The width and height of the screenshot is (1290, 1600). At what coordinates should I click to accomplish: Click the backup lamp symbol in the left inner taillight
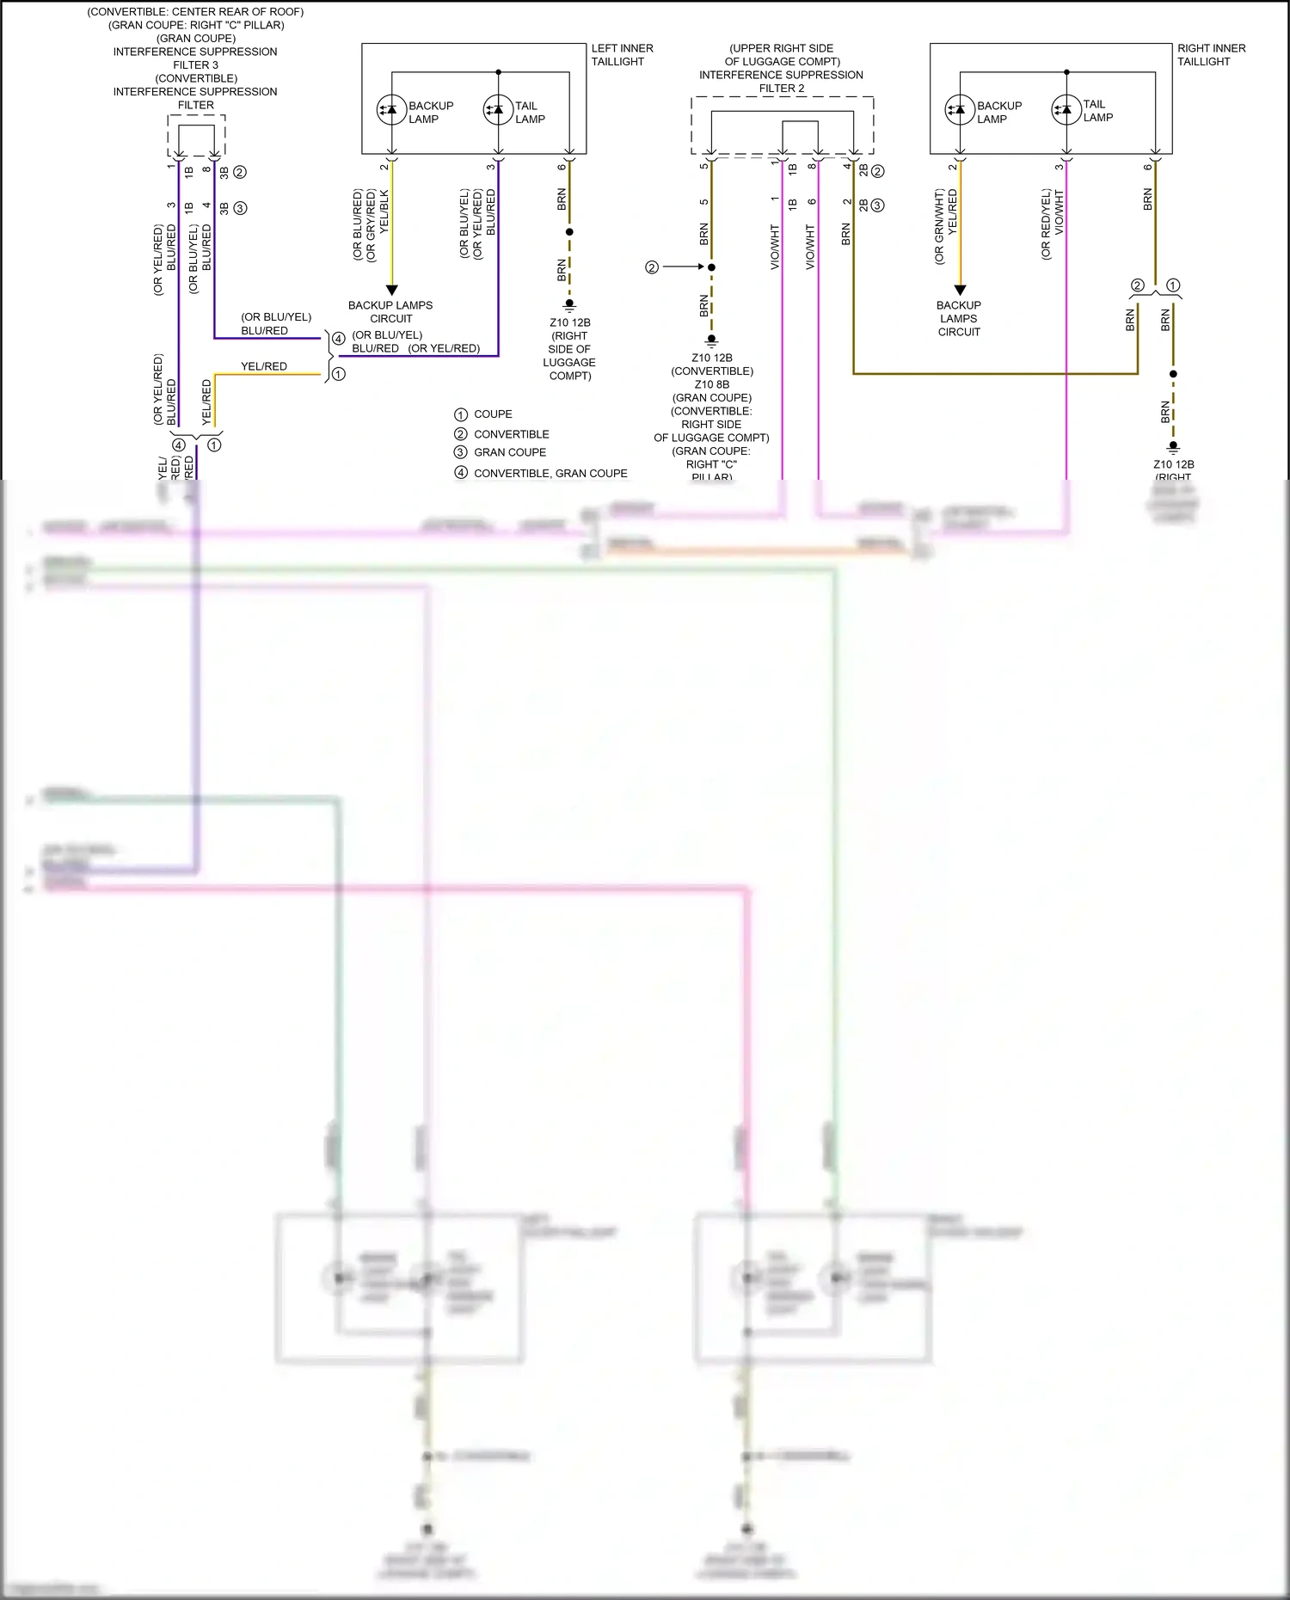(391, 109)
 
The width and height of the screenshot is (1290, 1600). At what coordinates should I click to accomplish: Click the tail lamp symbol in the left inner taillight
(498, 109)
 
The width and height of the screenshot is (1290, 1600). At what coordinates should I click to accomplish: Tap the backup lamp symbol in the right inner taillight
(960, 109)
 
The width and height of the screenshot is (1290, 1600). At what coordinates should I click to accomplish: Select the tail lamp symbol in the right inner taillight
(1066, 109)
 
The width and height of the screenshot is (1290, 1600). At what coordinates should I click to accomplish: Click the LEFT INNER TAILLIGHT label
(622, 55)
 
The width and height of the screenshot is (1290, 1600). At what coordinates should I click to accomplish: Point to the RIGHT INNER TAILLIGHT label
(1211, 55)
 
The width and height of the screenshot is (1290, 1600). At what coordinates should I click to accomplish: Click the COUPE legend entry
(493, 414)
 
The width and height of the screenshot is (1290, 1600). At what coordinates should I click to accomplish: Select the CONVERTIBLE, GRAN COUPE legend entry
(550, 474)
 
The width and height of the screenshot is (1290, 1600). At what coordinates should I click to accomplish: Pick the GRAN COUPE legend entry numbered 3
(510, 452)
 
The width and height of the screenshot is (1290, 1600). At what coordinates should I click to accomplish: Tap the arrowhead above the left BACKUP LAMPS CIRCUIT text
(391, 291)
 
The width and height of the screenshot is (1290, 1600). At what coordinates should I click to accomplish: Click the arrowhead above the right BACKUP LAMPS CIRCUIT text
(960, 291)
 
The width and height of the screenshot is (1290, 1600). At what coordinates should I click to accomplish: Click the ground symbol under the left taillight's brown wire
(569, 305)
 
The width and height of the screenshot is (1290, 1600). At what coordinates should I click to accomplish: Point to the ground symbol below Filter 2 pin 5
(711, 340)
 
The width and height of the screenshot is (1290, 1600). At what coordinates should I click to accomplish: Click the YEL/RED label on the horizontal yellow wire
(264, 366)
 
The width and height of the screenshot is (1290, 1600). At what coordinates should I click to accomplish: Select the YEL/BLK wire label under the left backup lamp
(384, 211)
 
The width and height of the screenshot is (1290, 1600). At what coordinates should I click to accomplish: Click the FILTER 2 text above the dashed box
(782, 89)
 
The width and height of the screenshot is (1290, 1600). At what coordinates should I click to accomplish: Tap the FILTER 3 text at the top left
(196, 65)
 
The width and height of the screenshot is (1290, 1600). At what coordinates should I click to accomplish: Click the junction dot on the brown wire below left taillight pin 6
(569, 232)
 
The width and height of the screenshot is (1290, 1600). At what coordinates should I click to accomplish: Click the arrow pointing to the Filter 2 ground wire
(685, 267)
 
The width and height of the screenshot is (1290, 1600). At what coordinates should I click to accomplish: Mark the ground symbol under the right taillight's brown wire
(1173, 447)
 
